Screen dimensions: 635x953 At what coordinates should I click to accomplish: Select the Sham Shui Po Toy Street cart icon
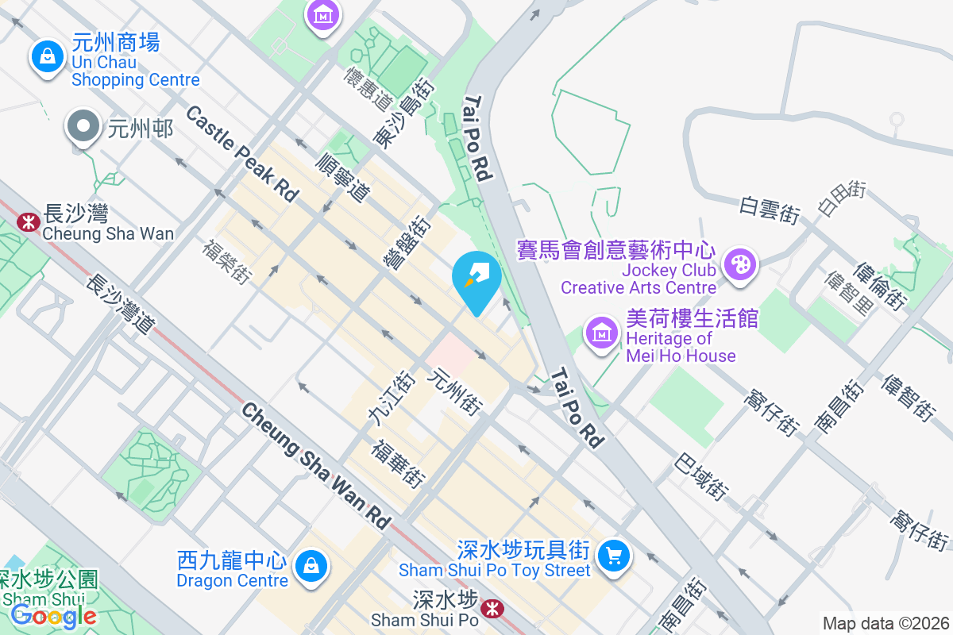point(613,555)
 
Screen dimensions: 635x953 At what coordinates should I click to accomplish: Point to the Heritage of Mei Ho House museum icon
point(602,333)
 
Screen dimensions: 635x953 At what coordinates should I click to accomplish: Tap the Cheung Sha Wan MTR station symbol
point(28,221)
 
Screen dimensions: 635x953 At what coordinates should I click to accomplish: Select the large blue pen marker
point(476,278)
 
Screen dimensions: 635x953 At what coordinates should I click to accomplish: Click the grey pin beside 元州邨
point(83,127)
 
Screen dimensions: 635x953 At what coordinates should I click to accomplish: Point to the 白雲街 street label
point(769,211)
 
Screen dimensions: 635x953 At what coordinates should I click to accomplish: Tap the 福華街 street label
point(399,463)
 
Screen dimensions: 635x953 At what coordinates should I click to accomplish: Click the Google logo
point(54,615)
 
